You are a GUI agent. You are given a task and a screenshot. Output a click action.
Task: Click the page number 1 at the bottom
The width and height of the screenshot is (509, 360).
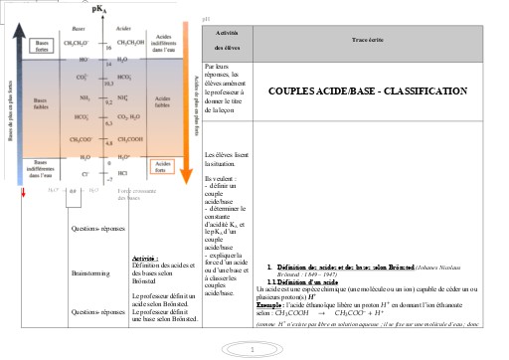coord(254,349)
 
